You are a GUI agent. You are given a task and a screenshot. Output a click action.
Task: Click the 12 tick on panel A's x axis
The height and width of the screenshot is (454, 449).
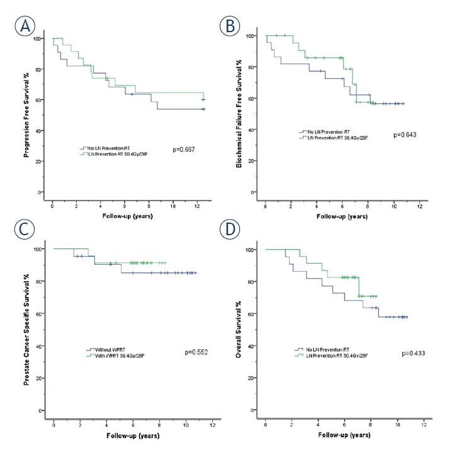198,204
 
